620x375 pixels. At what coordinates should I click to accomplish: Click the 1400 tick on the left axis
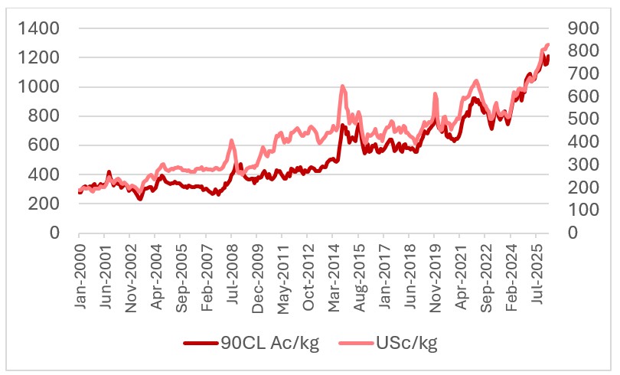[x=38, y=29]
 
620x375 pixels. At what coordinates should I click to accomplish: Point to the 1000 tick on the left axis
[x=38, y=87]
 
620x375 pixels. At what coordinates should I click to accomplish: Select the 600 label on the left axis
[x=44, y=145]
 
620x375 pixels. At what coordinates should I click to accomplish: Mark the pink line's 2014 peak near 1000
[x=341, y=86]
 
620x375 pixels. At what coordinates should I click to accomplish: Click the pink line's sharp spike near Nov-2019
[x=435, y=94]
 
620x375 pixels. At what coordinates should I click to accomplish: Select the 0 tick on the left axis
[x=54, y=233]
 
